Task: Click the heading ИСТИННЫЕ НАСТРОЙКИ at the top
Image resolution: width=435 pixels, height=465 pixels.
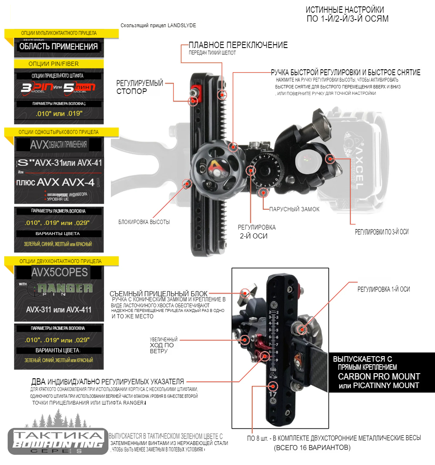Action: coord(345,9)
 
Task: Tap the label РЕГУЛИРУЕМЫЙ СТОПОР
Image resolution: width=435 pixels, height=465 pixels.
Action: coord(139,87)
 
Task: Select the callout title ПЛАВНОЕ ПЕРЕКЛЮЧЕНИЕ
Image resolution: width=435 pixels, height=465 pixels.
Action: coord(238,45)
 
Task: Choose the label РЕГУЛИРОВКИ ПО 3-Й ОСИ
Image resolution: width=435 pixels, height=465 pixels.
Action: coord(381,232)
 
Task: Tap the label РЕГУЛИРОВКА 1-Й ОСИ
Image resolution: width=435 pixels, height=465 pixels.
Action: coord(383,289)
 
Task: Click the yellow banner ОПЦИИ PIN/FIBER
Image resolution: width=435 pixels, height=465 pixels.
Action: coord(54,64)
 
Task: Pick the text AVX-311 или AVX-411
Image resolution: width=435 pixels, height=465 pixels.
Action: coord(59,309)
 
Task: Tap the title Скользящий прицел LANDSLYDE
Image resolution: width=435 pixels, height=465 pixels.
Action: coord(158,26)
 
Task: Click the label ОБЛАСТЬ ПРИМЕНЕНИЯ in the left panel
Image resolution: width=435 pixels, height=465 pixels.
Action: coord(58,46)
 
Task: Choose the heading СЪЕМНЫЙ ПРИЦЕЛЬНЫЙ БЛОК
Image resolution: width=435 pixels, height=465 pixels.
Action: coord(158,293)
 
